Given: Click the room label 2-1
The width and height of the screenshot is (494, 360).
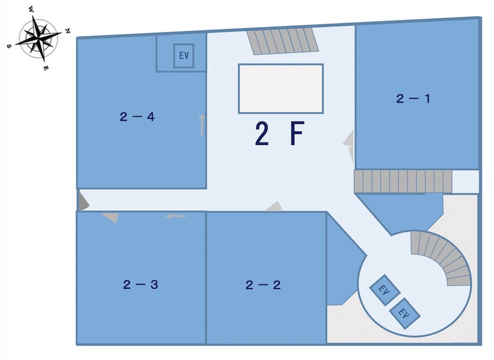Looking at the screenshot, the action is [413, 99].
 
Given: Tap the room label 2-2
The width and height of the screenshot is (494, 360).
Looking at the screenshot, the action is [263, 285].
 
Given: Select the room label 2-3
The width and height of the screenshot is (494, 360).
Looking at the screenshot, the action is [141, 285].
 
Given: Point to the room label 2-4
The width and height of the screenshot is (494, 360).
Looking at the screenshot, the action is [137, 117].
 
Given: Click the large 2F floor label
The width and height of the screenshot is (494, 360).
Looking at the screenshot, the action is [280, 134].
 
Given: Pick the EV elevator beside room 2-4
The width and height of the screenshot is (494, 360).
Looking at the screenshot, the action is [184, 56].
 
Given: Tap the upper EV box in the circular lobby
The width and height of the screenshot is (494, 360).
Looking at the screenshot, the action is [384, 290].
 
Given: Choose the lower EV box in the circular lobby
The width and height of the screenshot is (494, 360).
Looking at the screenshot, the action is [405, 313].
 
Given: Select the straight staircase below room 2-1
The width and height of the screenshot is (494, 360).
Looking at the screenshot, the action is [403, 181].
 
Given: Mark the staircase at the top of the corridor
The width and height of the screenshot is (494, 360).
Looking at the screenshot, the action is [283, 41].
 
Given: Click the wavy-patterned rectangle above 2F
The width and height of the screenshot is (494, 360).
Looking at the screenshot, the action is [281, 89].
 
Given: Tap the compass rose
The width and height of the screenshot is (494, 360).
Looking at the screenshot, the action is [38, 38].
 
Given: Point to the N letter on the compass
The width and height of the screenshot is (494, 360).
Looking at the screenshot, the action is [68, 31].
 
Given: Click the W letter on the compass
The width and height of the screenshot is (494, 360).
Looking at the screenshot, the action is [31, 10].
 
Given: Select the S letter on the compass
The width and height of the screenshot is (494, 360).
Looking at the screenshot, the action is [9, 46].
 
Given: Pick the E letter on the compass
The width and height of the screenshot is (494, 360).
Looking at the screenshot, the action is [46, 68].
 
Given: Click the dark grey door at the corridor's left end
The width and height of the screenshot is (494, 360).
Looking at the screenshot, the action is [83, 201].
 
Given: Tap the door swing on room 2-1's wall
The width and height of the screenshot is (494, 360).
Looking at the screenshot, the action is [349, 147].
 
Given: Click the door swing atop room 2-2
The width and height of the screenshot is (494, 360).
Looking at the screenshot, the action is [274, 207].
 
